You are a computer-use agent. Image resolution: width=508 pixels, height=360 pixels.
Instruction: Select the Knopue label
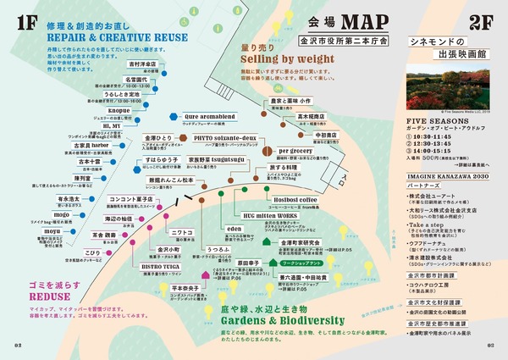point(119,110)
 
